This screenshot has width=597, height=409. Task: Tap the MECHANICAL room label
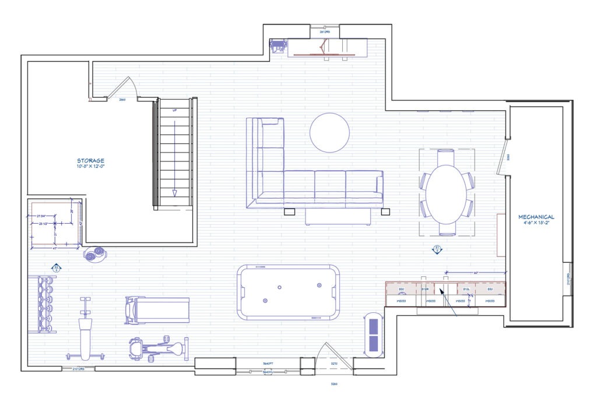(536, 217)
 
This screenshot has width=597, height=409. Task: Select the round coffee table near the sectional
(329, 133)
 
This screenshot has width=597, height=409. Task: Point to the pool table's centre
(289, 292)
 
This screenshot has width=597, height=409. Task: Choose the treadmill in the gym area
(157, 309)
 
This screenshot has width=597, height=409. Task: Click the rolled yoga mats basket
(94, 253)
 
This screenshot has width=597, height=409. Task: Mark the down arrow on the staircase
(174, 192)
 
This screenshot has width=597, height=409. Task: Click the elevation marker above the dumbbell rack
(57, 268)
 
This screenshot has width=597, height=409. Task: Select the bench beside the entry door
(373, 337)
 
